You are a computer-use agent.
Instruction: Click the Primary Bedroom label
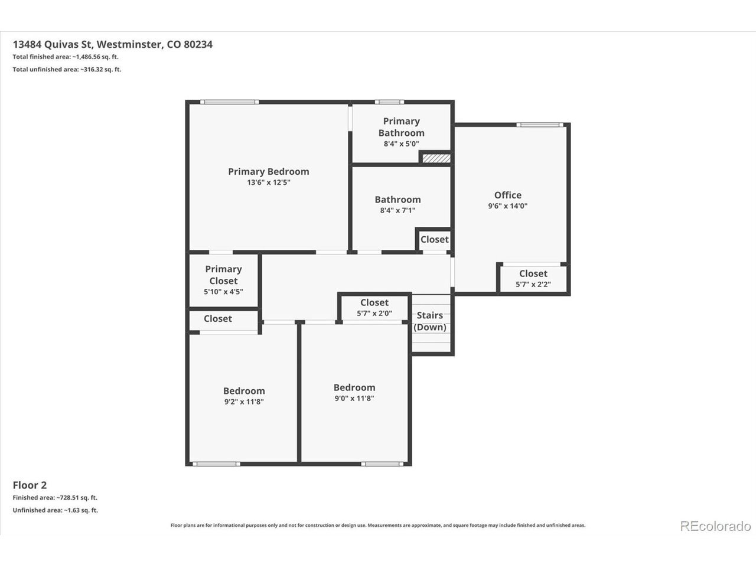(268, 171)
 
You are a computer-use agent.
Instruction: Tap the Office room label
(508, 195)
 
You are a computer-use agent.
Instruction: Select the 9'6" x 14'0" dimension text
(508, 206)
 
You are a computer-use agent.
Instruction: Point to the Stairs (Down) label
(430, 321)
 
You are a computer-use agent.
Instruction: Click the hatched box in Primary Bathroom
(436, 158)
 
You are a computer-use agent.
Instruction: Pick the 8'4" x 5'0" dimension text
(401, 144)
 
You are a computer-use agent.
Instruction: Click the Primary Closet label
(223, 275)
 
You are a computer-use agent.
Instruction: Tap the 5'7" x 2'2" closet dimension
(533, 284)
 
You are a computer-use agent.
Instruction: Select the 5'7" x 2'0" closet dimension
(374, 313)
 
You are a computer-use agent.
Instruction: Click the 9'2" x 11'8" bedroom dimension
(244, 402)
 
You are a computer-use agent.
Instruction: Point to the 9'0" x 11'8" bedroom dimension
(354, 398)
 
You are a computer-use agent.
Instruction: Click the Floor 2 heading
(30, 485)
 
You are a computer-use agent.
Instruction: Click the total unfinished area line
(67, 69)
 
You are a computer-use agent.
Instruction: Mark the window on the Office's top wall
(540, 125)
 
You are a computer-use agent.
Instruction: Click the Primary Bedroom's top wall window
(229, 102)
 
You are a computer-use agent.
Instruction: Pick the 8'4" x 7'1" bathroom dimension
(398, 210)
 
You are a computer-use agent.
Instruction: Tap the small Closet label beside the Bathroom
(435, 239)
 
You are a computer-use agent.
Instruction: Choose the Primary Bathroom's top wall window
(389, 102)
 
